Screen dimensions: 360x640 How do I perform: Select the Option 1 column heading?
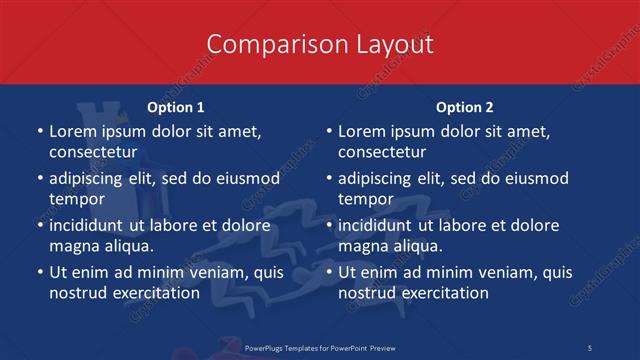pos(176,107)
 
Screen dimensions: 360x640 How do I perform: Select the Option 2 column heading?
pos(465,107)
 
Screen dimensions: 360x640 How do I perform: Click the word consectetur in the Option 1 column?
pos(93,152)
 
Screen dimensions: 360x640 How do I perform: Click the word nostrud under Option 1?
pos(76,293)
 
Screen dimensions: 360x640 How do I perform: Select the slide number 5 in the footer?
pos(589,347)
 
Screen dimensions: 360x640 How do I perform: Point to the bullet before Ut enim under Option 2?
pos(327,272)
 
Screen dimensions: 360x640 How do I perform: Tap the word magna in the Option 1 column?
pos(72,246)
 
